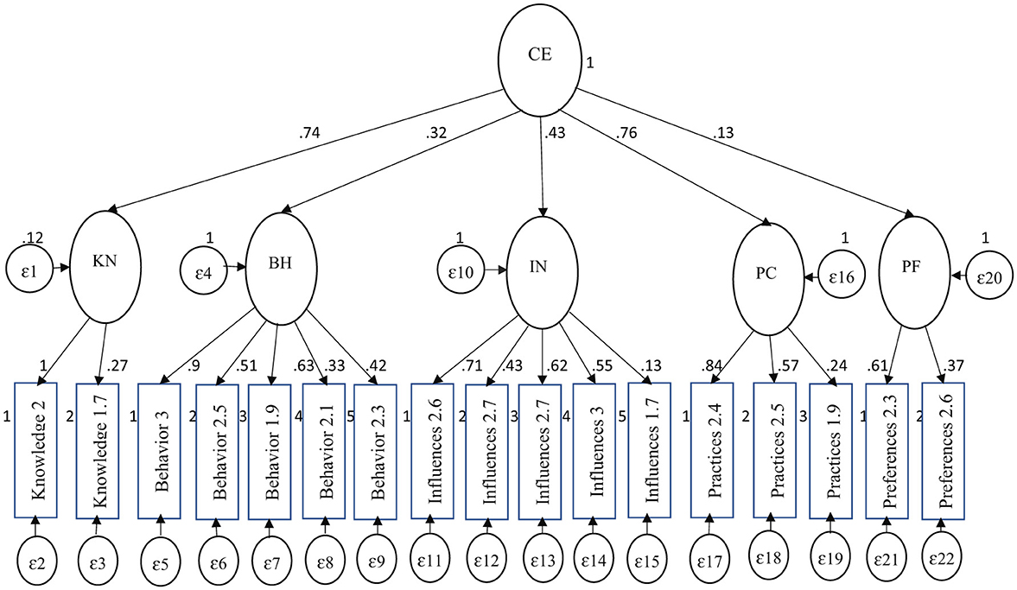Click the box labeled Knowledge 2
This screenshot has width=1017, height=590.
[x=36, y=450]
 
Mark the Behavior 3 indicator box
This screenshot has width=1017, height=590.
[x=159, y=450]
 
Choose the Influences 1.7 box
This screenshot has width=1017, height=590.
[x=649, y=450]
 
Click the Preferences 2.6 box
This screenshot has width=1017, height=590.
[x=943, y=450]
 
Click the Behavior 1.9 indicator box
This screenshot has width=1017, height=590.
[x=270, y=450]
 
